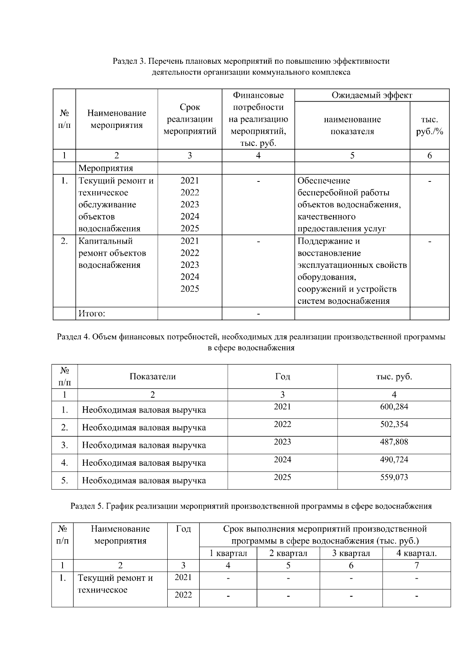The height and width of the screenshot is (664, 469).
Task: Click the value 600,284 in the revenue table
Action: (x=394, y=407)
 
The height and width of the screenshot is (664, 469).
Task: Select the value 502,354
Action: (x=394, y=424)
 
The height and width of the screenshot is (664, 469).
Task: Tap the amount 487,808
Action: (x=394, y=442)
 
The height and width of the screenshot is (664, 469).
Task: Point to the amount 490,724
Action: (x=394, y=459)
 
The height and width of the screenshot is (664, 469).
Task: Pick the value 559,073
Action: (x=394, y=477)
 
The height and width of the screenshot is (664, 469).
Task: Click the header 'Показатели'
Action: (x=152, y=377)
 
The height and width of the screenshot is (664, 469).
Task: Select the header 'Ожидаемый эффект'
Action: (x=372, y=95)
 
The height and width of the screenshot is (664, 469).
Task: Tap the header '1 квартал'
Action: (x=228, y=553)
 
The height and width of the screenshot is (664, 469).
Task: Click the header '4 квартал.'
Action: (x=417, y=553)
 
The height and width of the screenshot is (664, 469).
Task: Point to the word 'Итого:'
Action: (x=92, y=314)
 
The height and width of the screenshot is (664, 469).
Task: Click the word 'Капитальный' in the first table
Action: (x=106, y=241)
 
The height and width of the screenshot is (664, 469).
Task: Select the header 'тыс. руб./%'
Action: (x=429, y=126)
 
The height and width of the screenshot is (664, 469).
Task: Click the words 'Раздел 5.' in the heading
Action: (x=87, y=506)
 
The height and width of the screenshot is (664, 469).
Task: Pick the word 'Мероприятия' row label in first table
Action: (x=106, y=168)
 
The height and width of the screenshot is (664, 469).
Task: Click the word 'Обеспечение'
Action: (x=324, y=181)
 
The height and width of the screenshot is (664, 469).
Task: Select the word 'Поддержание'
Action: (x=324, y=241)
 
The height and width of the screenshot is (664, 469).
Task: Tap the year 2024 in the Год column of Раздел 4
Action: (x=282, y=459)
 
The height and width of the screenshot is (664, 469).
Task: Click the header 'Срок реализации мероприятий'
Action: (x=190, y=119)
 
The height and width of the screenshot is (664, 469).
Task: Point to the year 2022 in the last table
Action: (x=183, y=595)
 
